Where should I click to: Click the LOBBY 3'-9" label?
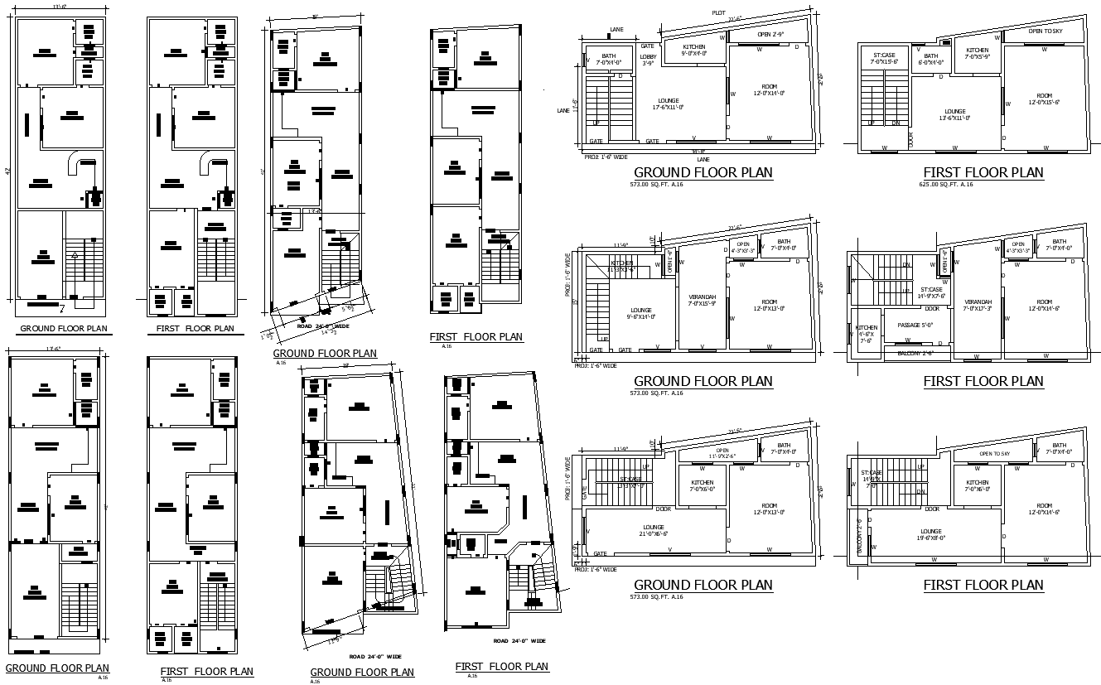(648, 60)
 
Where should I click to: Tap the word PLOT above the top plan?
(718, 12)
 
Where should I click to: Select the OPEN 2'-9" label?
(770, 35)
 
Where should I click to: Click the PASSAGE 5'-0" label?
(915, 326)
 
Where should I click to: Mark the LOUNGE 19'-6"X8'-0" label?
(930, 534)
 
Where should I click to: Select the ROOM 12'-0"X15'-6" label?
(1044, 99)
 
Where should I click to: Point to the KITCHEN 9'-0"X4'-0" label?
(693, 50)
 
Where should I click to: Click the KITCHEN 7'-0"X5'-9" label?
(977, 54)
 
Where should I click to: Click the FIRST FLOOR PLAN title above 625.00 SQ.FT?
(983, 172)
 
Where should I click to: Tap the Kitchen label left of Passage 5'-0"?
(866, 334)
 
